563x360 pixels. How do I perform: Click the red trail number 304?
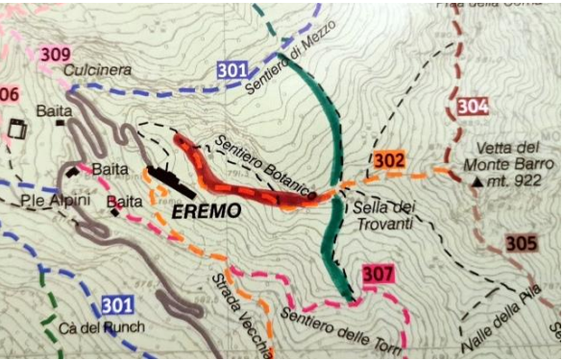tap(472, 106)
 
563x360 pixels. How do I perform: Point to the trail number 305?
tap(520, 244)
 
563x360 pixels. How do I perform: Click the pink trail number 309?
tap(55, 54)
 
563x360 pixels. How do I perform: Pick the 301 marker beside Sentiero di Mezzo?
tap(233, 70)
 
